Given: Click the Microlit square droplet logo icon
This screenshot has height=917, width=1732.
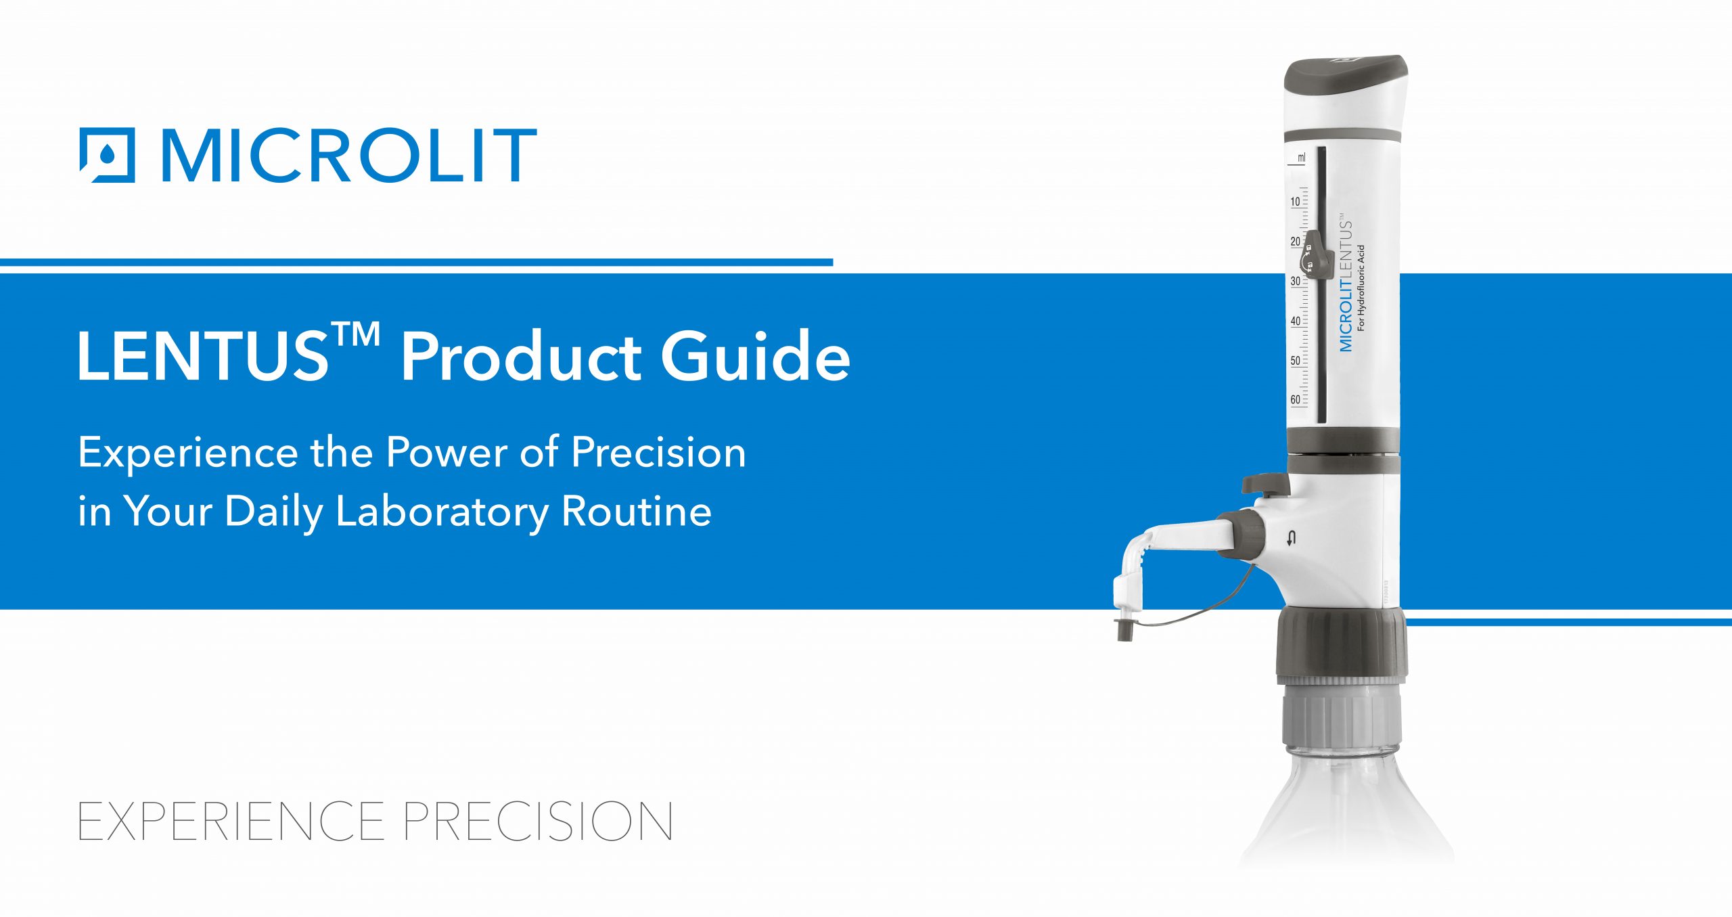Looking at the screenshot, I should pyautogui.click(x=107, y=155).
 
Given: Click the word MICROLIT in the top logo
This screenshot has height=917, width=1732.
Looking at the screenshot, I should pyautogui.click(x=348, y=156).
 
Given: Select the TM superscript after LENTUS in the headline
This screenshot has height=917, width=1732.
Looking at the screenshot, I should pyautogui.click(x=355, y=334).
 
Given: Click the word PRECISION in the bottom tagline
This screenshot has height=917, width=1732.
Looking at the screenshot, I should pyautogui.click(x=538, y=821).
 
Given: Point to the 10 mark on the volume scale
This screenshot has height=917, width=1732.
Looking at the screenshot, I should pyautogui.click(x=1295, y=202).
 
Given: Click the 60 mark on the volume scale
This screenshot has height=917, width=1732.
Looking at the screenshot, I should pyautogui.click(x=1295, y=399).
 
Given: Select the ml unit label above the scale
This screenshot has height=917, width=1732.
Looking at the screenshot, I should pyautogui.click(x=1301, y=158).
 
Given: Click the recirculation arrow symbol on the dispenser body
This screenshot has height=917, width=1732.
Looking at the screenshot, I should pyautogui.click(x=1292, y=539).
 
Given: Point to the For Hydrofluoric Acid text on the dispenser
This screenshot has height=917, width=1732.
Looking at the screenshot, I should pyautogui.click(x=1361, y=287).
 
